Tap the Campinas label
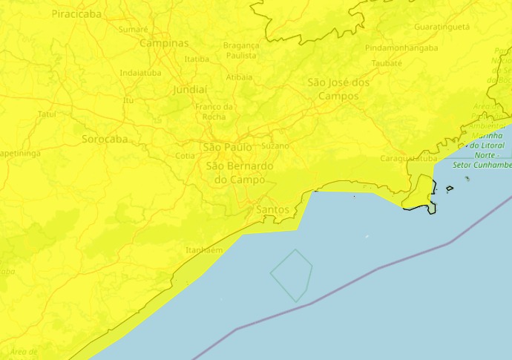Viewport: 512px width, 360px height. click(164, 43)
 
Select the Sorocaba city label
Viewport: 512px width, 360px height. click(105, 139)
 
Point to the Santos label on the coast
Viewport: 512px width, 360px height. click(272, 209)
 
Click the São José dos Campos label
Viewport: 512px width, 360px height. click(338, 89)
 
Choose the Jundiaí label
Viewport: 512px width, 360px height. click(190, 89)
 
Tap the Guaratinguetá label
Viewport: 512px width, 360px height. click(442, 27)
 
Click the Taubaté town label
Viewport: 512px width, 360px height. click(387, 63)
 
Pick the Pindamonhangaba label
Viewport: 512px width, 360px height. click(401, 48)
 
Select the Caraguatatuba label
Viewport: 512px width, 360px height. click(408, 158)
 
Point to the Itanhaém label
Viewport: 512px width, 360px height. click(204, 250)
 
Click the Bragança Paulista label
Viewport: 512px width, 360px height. click(241, 50)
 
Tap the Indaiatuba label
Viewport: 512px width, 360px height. click(140, 73)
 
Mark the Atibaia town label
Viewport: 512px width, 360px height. click(239, 76)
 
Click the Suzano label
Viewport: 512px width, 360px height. click(275, 145)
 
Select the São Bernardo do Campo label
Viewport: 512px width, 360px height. click(240, 173)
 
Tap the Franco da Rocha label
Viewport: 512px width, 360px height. click(214, 111)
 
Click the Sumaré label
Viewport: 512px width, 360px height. click(134, 29)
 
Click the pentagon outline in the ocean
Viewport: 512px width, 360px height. click(291, 275)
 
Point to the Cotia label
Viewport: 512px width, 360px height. click(186, 156)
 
